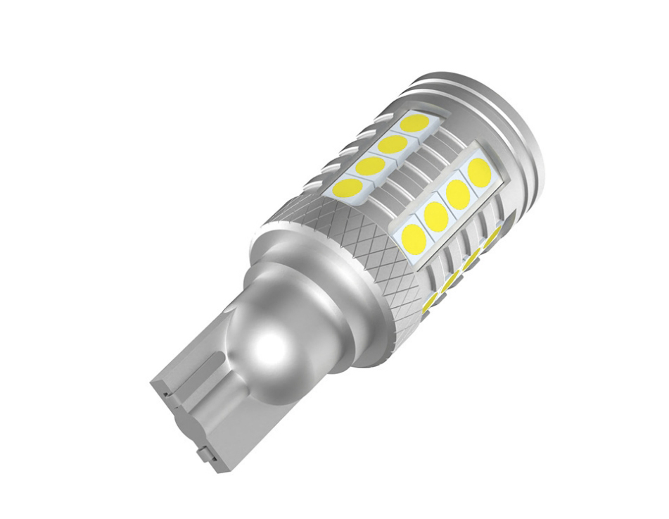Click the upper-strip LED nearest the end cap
pos(416,123)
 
